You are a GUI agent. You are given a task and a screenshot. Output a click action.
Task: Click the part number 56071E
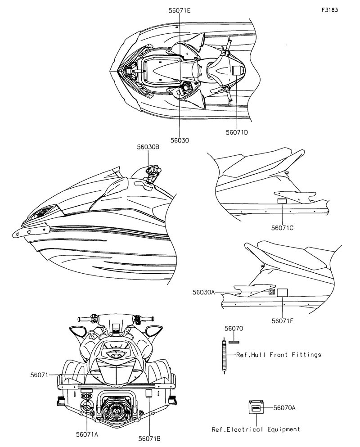pyautogui.click(x=180, y=11)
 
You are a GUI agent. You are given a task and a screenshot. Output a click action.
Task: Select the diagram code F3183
pyautogui.click(x=330, y=10)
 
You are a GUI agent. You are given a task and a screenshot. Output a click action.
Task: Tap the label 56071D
pyautogui.click(x=237, y=132)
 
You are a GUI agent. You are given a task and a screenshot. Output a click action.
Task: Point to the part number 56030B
pyautogui.click(x=148, y=147)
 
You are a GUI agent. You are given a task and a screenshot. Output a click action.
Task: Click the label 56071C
pyautogui.click(x=282, y=228)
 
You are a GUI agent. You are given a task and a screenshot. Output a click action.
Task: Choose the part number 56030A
pyautogui.click(x=204, y=292)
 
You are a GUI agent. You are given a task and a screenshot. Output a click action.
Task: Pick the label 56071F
pyautogui.click(x=282, y=321)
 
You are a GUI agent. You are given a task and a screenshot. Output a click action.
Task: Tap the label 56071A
pyautogui.click(x=87, y=434)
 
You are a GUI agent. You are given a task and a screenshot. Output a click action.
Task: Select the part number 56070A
pyautogui.click(x=284, y=408)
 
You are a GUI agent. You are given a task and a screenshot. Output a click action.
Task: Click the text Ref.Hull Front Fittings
pyautogui.click(x=279, y=355)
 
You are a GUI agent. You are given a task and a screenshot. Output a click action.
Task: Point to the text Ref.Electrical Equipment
pyautogui.click(x=256, y=429)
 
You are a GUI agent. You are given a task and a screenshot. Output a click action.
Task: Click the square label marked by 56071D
pyautogui.click(x=238, y=70)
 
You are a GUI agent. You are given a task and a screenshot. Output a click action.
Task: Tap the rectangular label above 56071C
pyautogui.click(x=282, y=201)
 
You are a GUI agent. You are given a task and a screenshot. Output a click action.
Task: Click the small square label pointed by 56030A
pyautogui.click(x=272, y=292)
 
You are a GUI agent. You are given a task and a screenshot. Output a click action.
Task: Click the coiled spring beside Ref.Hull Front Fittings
pyautogui.click(x=224, y=355)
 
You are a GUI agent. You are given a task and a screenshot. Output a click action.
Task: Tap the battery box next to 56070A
pyautogui.click(x=256, y=407)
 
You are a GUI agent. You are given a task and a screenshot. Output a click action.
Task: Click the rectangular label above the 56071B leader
pyautogui.click(x=148, y=394)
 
